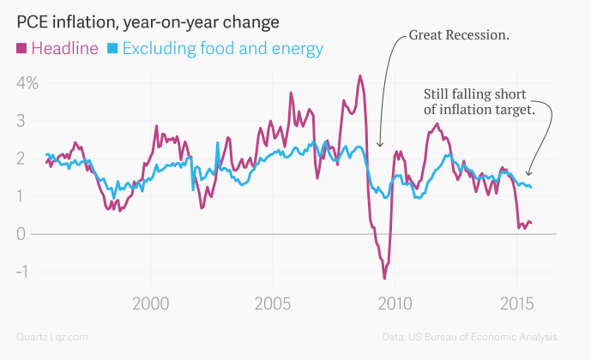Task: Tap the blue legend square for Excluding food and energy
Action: click(x=112, y=48)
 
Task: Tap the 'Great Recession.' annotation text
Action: click(x=459, y=36)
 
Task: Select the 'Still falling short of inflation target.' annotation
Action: click(x=480, y=101)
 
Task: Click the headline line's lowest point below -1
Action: click(x=384, y=278)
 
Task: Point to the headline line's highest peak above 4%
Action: click(x=360, y=75)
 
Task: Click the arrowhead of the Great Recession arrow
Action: click(x=380, y=145)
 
